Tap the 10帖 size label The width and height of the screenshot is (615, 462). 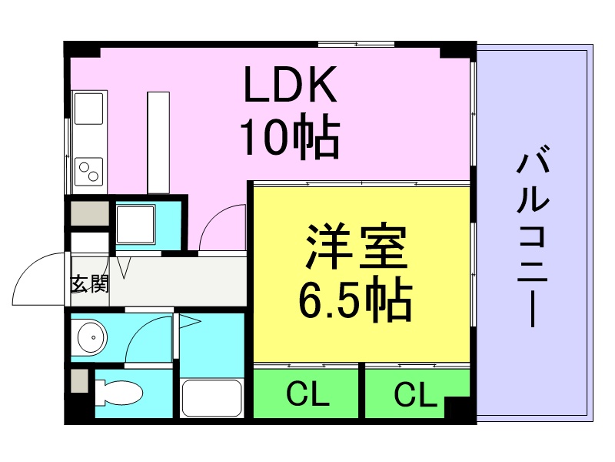291,137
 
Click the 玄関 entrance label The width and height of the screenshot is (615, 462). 89,283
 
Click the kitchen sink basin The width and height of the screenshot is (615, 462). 89,111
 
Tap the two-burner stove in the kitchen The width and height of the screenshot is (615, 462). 89,169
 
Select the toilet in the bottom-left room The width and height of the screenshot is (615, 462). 119,393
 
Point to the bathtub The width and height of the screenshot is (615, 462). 212,397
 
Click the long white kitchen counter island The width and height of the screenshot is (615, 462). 158,142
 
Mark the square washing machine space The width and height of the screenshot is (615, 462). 135,224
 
